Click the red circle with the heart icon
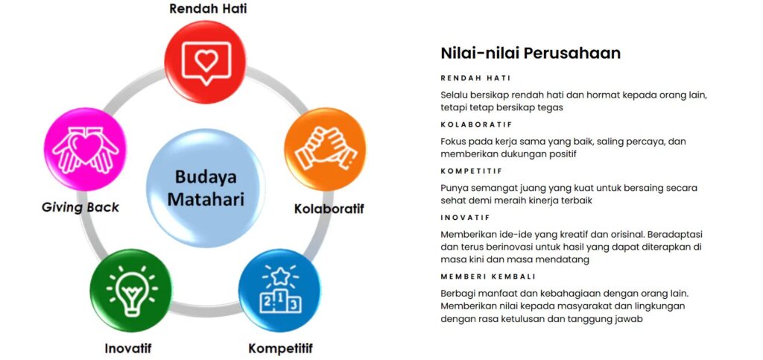205,63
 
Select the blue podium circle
279,291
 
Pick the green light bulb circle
131,291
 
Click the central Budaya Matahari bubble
206,188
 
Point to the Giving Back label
80,207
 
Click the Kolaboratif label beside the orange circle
329,209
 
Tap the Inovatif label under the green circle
128,348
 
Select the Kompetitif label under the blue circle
280,348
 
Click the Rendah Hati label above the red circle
208,9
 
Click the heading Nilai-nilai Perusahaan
531,53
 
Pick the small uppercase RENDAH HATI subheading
475,78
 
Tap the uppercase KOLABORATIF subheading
476,124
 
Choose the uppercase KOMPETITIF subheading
472,171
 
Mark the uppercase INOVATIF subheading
465,218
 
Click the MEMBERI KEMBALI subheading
488,277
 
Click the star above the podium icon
280,276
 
